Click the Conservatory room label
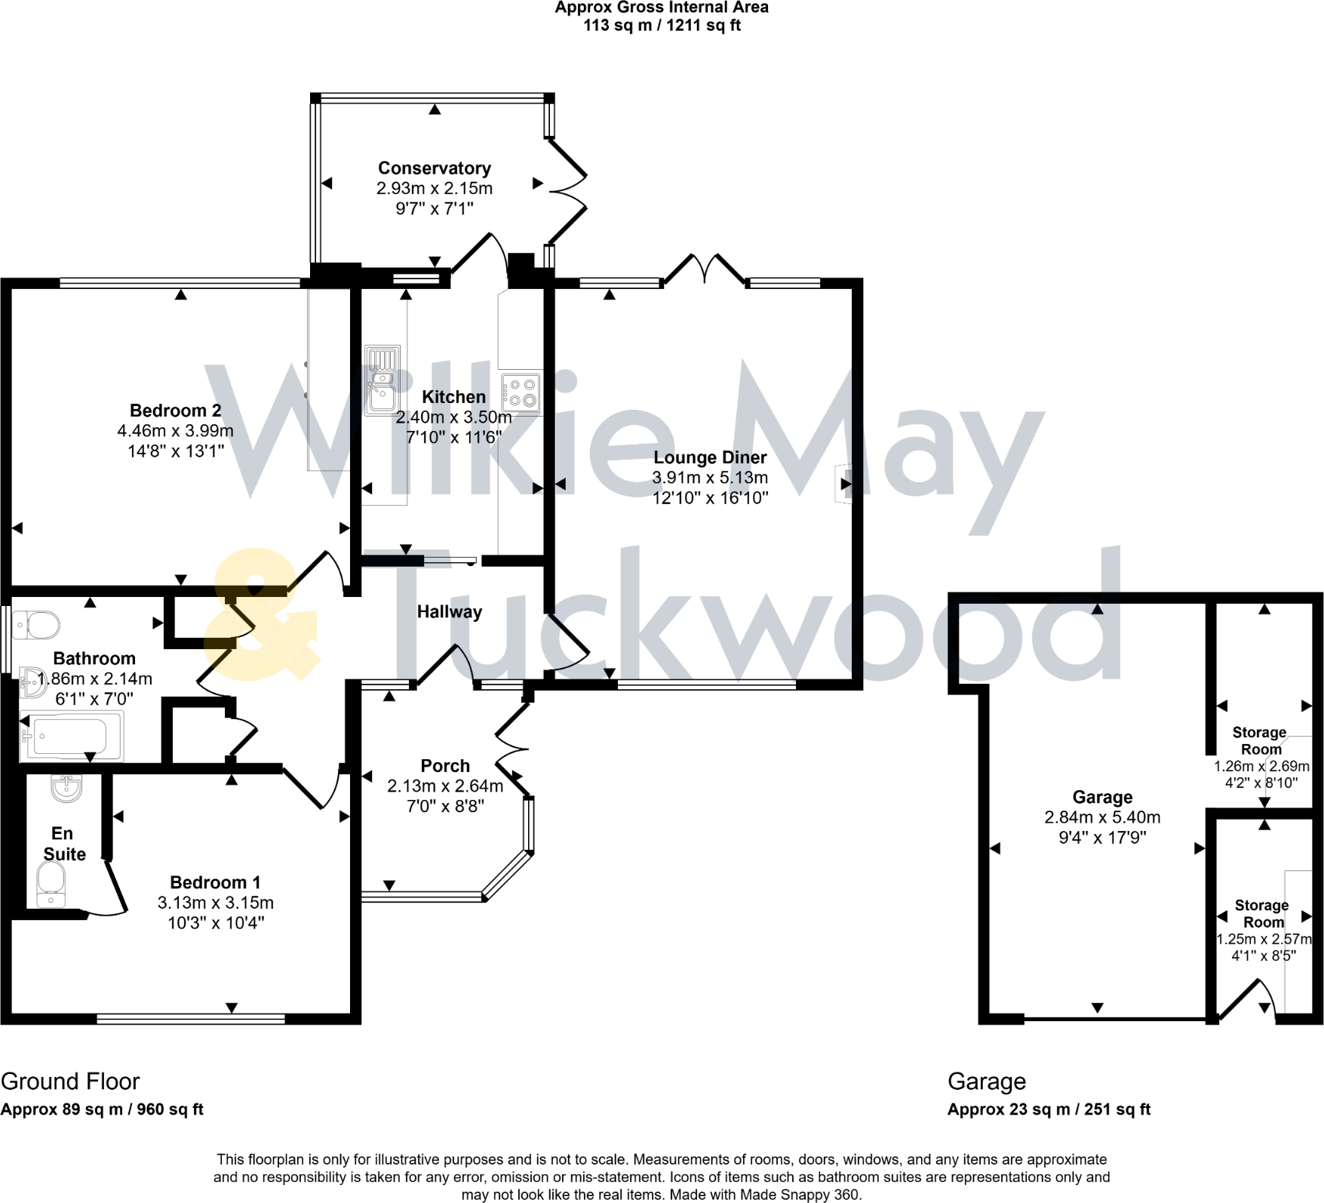434,168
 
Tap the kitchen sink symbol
382,381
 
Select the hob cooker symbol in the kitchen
521,392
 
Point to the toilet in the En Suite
51,884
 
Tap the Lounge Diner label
710,457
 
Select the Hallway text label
450,611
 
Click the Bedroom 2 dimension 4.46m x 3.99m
175,431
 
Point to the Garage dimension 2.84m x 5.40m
1102,817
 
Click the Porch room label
445,765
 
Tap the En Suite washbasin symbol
66,789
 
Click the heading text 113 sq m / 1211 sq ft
662,26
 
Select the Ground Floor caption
70,1081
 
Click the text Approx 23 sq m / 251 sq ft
1049,1109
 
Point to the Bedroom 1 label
215,882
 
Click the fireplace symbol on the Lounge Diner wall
842,484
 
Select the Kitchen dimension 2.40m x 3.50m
453,417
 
